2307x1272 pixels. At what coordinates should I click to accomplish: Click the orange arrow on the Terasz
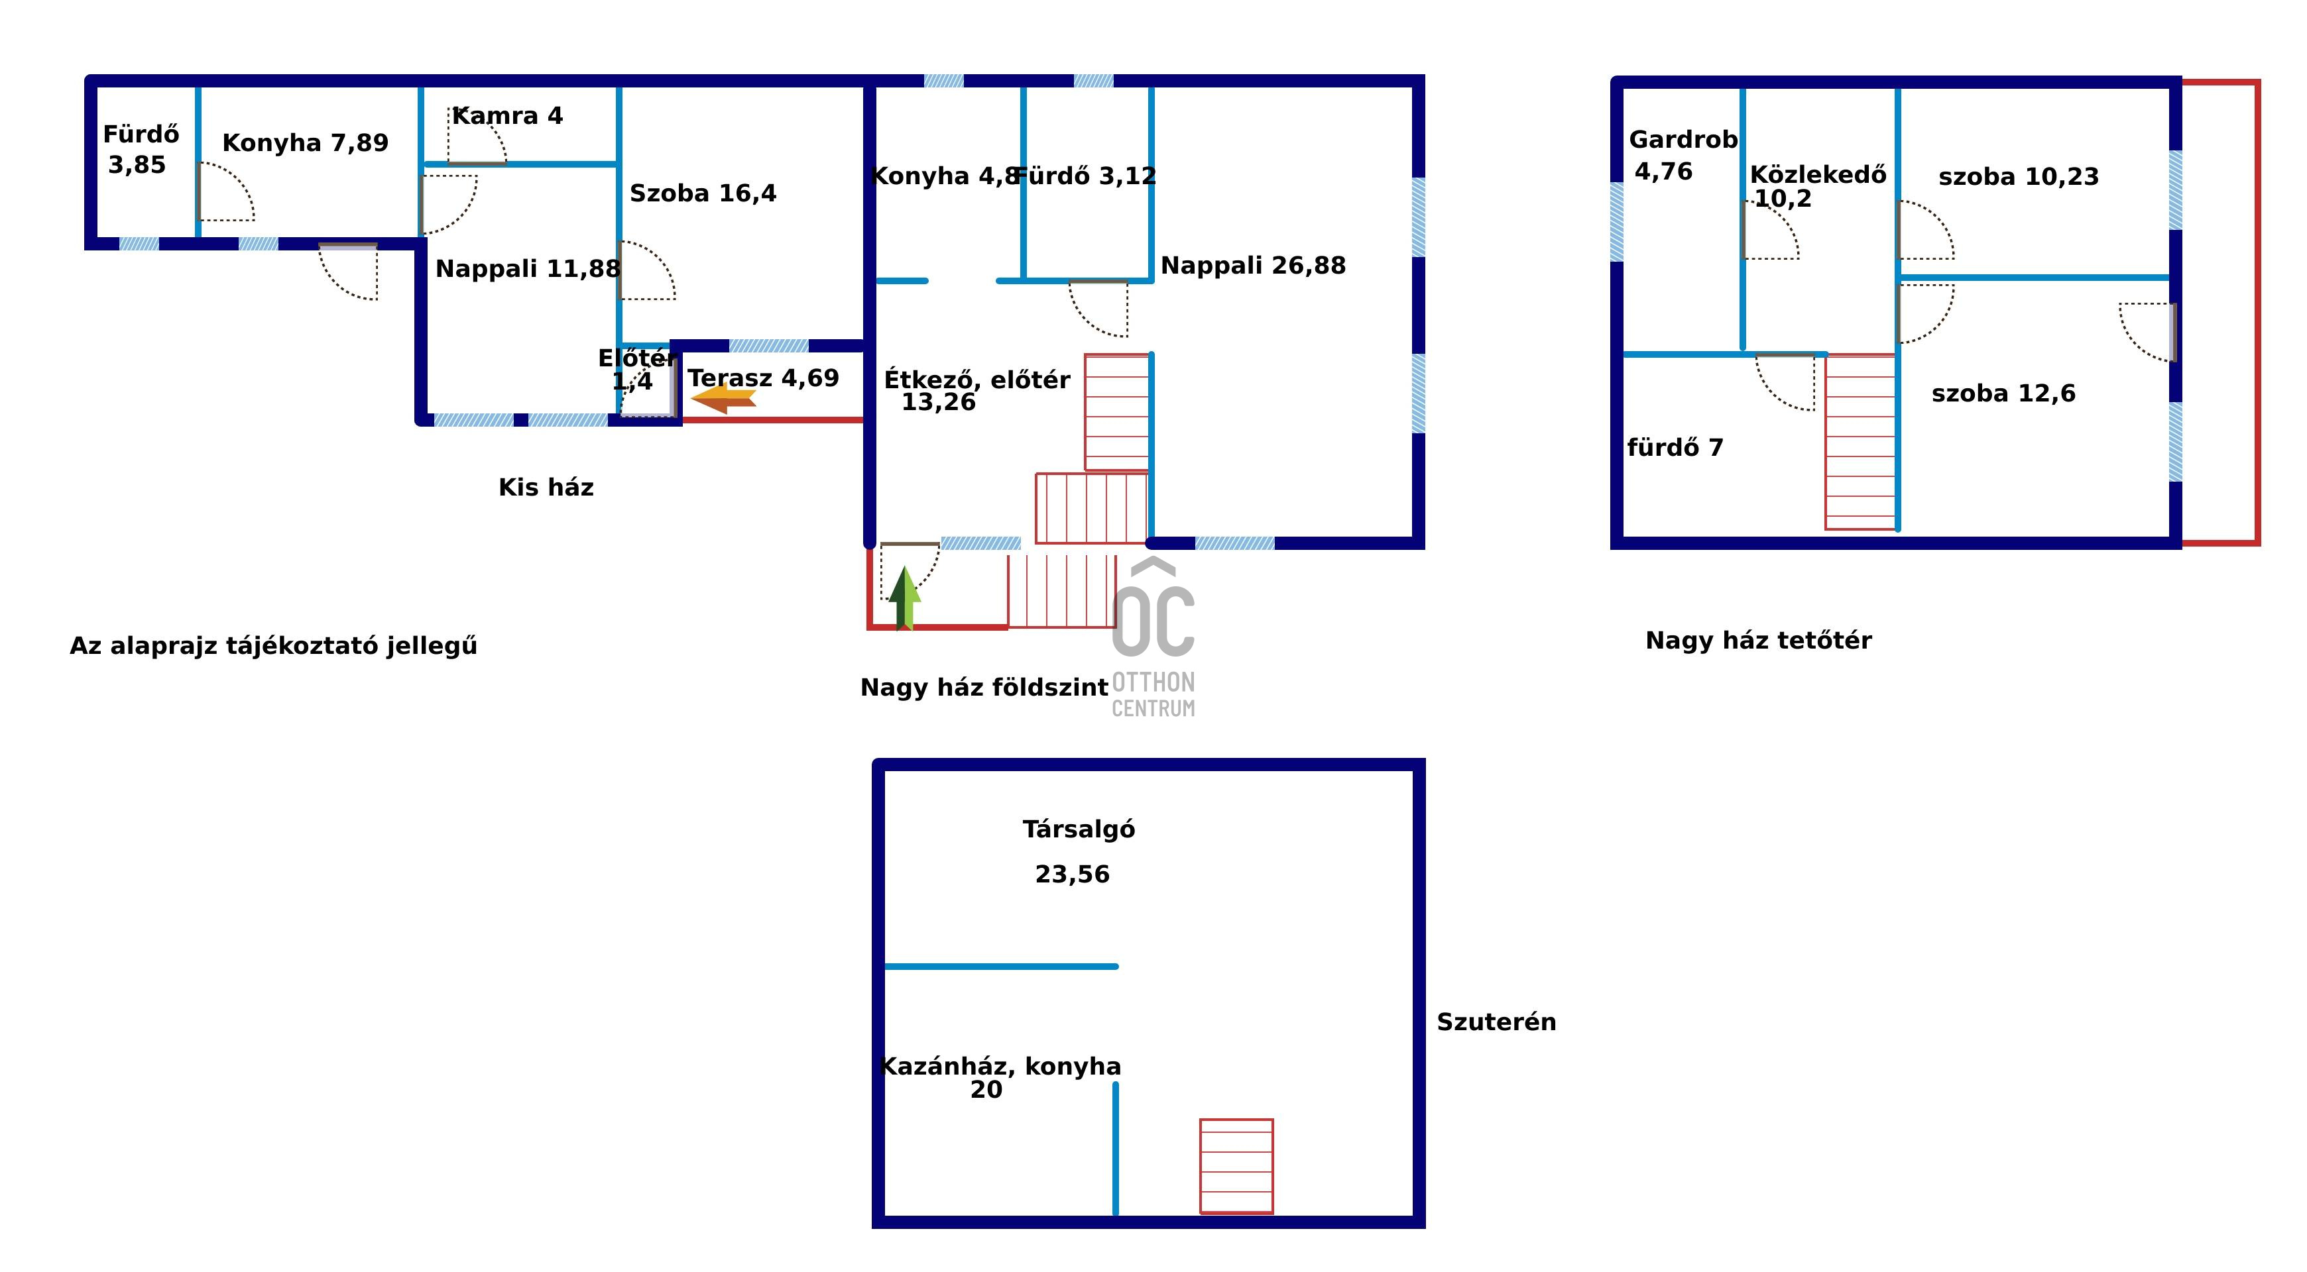pos(724,400)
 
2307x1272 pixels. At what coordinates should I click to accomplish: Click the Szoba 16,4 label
pos(703,193)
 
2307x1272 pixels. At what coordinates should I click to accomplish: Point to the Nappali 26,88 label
pos(1253,266)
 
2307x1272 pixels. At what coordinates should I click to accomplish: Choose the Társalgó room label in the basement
pos(1079,830)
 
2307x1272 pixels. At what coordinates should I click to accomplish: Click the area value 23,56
pos(1072,874)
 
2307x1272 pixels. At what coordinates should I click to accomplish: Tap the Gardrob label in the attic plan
pos(1683,140)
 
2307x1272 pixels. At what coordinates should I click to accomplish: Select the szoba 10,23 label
pos(2019,178)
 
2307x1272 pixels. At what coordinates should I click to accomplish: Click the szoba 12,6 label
pos(2003,394)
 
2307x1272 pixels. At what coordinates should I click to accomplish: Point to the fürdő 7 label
pos(1675,448)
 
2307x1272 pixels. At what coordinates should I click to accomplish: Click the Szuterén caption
pos(1496,1022)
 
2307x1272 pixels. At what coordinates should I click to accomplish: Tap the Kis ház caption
pos(546,488)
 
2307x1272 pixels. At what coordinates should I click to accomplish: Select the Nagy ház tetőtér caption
pos(1759,641)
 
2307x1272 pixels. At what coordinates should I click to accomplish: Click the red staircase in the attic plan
pos(1860,442)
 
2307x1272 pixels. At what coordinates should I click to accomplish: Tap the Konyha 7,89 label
pos(306,143)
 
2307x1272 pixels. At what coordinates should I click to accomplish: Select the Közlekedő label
pos(1818,174)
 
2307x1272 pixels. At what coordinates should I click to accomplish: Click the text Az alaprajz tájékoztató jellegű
pos(273,647)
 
